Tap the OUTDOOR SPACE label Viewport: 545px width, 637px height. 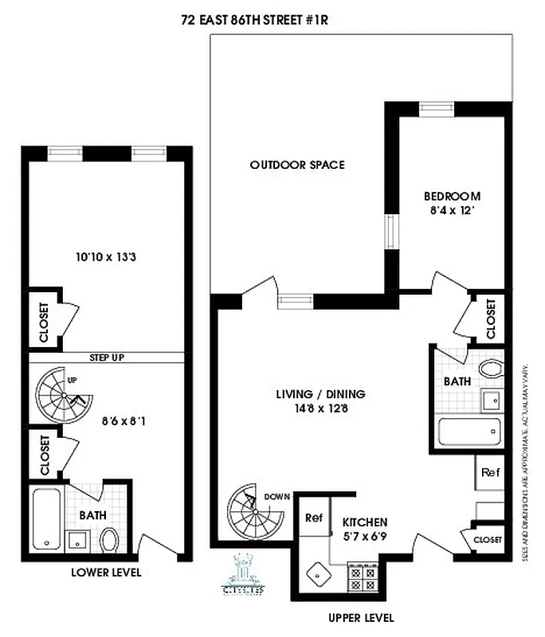[297, 166]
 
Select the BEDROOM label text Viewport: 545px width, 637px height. [452, 197]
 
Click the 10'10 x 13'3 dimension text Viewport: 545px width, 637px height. [103, 257]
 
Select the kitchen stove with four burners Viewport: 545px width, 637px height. [363, 578]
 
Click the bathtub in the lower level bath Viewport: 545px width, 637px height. [47, 519]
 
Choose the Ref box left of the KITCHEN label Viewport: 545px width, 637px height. [313, 518]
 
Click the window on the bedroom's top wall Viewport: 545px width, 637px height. [437, 109]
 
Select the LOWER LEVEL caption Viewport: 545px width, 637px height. [106, 572]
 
